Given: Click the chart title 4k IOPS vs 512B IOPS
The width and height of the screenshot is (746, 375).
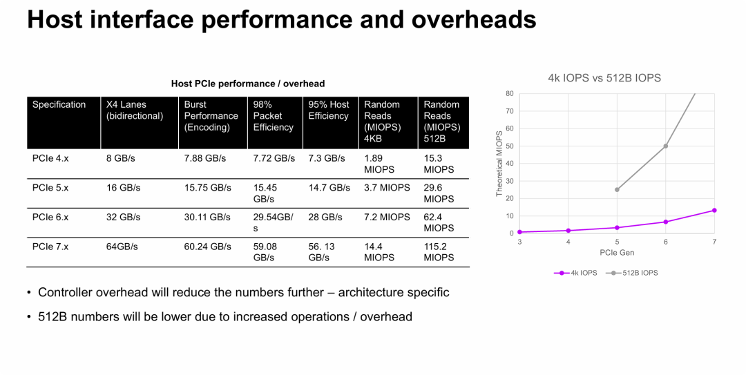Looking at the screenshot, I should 604,78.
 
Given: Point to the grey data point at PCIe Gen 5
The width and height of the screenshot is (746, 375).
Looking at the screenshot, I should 617,189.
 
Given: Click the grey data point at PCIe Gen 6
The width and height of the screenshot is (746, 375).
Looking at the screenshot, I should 666,146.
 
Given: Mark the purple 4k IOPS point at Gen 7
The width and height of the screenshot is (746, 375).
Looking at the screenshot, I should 714,210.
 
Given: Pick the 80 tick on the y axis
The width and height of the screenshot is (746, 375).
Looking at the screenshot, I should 510,93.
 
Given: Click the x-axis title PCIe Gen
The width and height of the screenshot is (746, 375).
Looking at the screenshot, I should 617,253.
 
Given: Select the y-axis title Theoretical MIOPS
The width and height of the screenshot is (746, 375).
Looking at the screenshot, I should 499,163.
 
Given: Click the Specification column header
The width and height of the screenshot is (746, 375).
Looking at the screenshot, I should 59,105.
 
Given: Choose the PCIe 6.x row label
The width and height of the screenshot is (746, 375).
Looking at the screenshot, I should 50,217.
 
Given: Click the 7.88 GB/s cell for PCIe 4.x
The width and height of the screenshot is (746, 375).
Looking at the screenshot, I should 205,158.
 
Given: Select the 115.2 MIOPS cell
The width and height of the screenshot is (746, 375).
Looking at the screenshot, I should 439,252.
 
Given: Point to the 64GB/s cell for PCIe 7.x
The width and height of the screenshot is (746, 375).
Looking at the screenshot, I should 122,247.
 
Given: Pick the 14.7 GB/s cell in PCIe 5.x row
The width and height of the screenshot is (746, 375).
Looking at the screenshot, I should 329,188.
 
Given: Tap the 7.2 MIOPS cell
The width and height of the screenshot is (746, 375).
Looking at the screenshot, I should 387,217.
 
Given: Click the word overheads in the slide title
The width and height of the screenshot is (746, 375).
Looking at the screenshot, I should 474,19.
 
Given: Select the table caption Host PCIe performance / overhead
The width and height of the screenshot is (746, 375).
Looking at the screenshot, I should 248,84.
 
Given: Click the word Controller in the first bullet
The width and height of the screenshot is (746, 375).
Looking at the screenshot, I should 67,293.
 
